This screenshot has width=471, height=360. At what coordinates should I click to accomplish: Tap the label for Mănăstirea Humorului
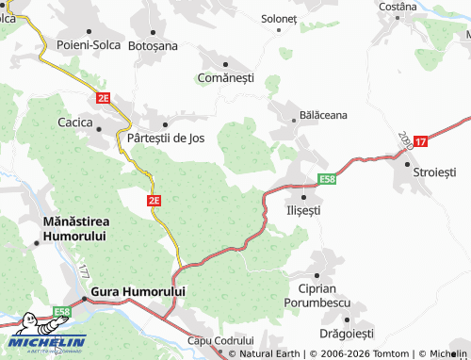point(74,227)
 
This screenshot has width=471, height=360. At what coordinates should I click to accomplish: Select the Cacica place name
point(75,122)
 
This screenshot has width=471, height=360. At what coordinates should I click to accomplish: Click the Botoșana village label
point(152,44)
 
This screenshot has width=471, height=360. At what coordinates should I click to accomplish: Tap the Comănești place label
point(227,77)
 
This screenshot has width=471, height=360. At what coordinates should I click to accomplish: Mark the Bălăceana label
point(323,114)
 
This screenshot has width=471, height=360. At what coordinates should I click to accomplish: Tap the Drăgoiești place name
point(347,334)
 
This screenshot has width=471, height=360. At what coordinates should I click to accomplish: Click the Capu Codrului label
point(221,339)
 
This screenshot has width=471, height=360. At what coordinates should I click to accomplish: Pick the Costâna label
point(398,7)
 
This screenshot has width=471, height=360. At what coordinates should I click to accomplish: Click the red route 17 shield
point(420,141)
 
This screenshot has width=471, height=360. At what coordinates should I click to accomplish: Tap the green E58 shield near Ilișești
point(326,179)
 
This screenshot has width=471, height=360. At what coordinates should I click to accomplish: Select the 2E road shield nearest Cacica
point(103,97)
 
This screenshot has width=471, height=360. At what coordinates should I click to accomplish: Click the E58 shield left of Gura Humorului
point(62,311)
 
